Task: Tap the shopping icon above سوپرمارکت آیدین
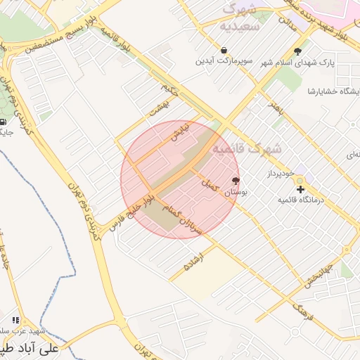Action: coord(224,51)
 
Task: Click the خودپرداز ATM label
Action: coord(278,173)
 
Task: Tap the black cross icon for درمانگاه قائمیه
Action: coord(300,189)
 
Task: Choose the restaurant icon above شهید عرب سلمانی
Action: coord(16,321)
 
